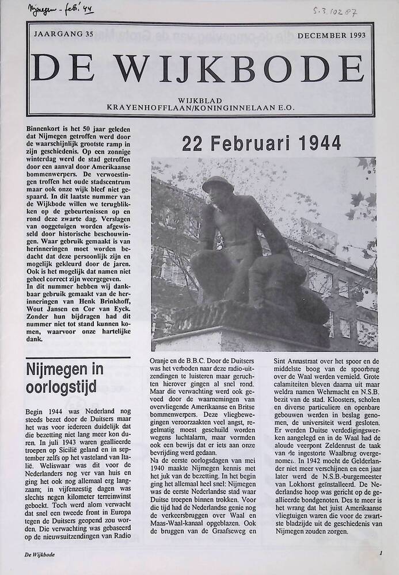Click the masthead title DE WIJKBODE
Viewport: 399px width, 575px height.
(x=199, y=67)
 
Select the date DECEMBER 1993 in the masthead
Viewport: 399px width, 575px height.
(x=332, y=36)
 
